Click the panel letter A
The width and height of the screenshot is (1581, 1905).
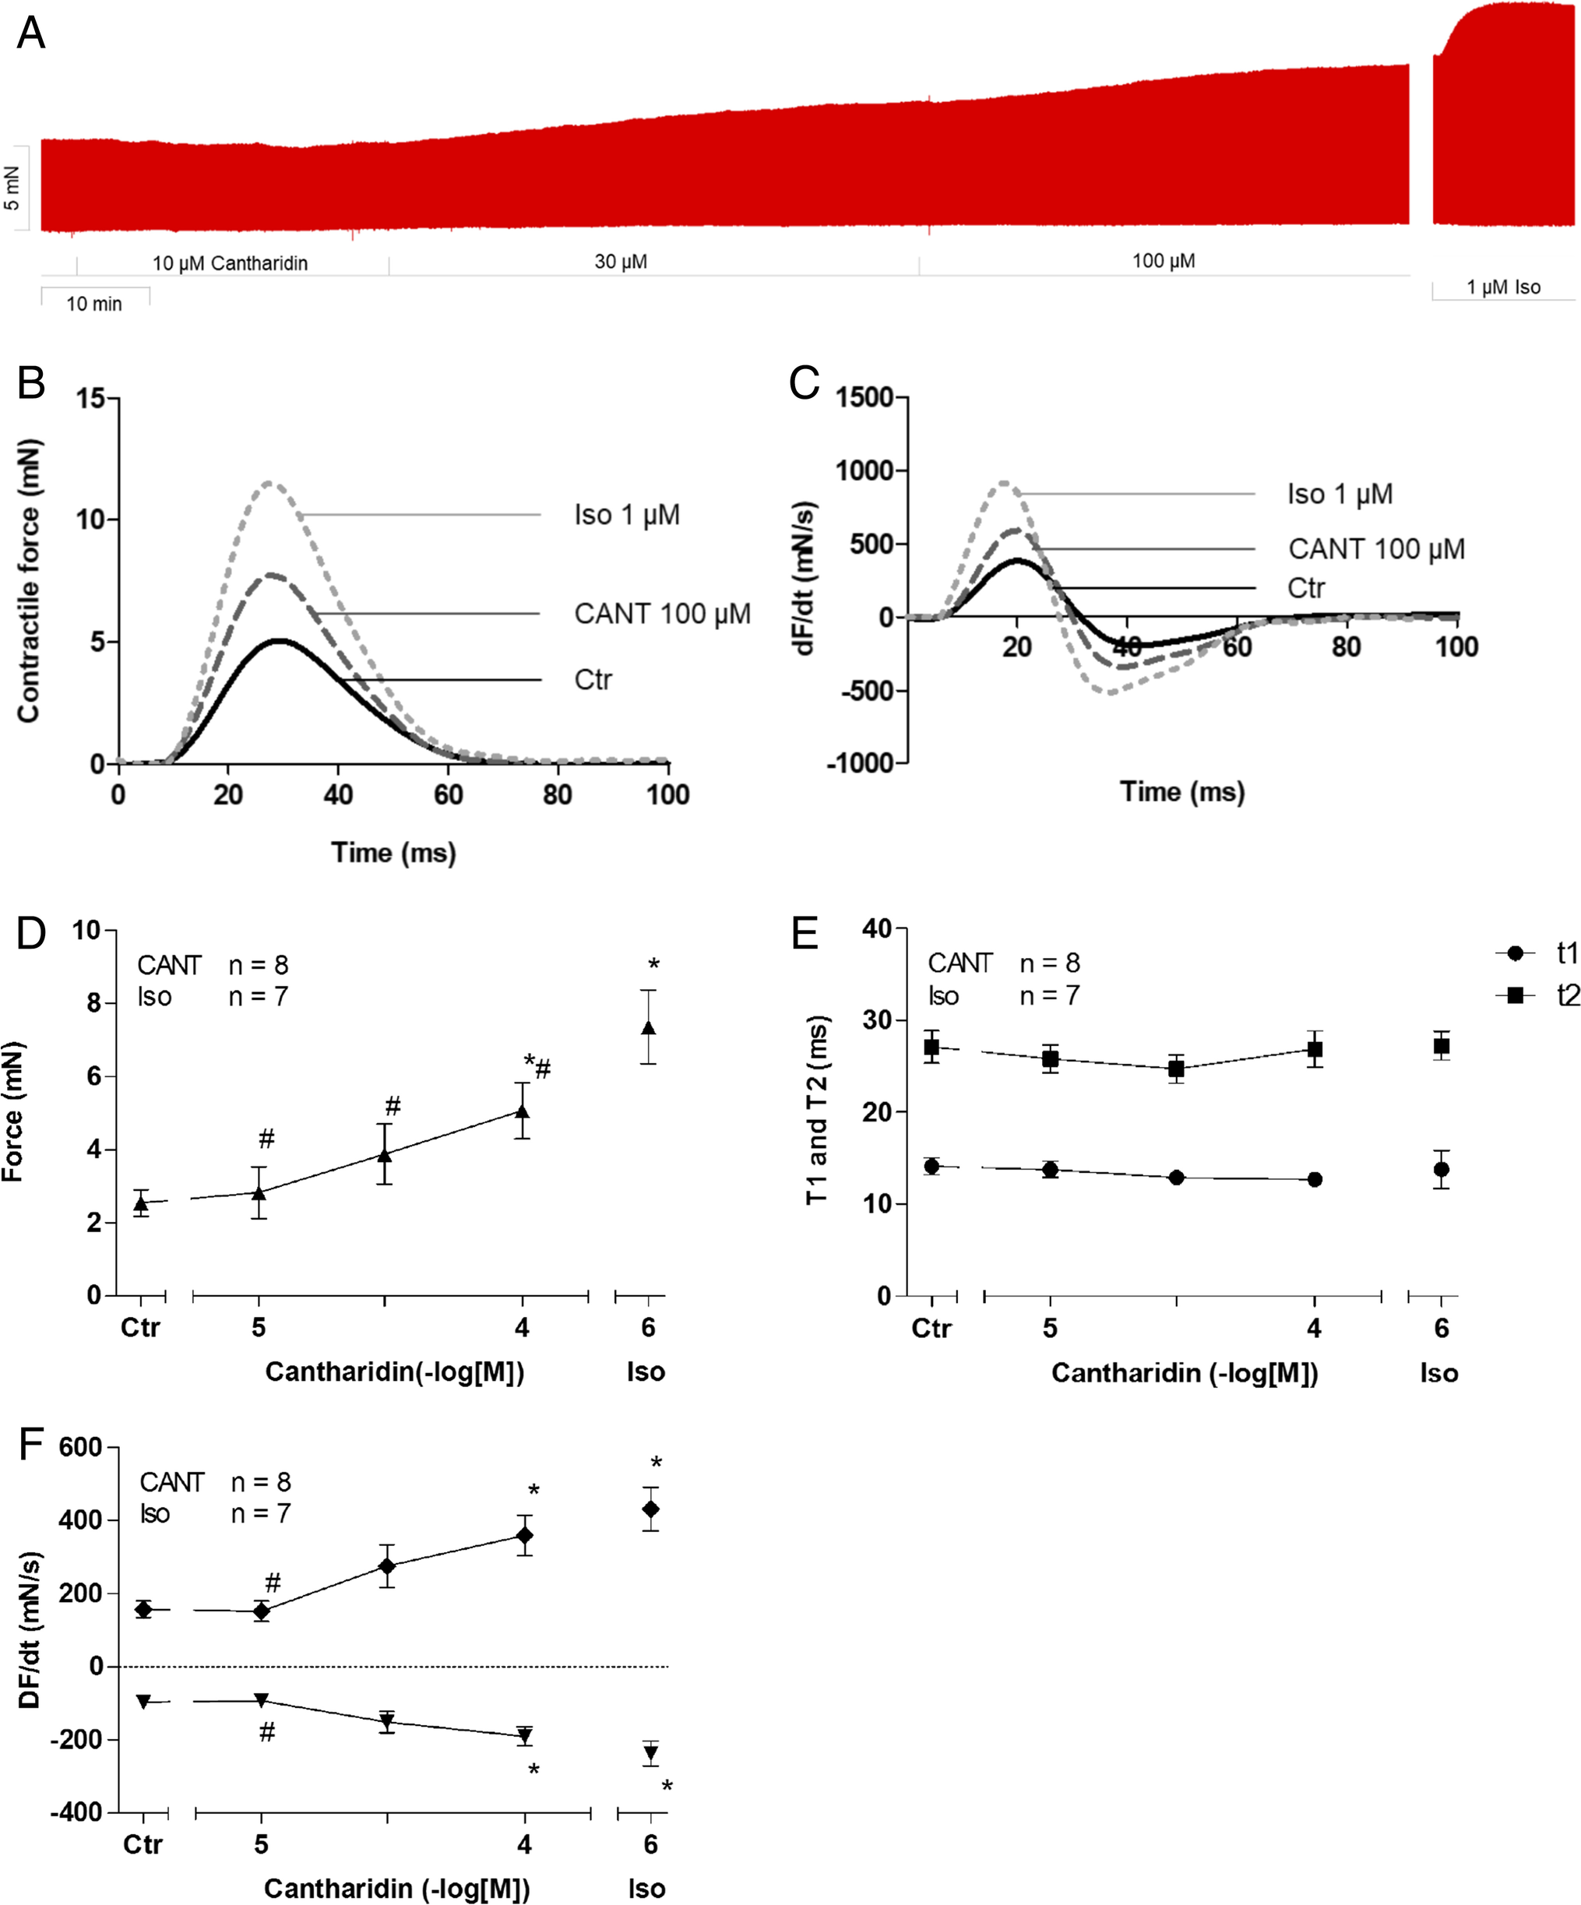31,33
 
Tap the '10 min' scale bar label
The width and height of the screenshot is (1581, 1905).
93,304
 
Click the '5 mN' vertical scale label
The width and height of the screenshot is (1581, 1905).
12,188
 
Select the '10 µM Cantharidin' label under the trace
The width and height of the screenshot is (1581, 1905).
230,263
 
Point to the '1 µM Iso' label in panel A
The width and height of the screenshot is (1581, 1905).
1503,287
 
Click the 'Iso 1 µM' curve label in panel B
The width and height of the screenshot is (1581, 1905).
626,516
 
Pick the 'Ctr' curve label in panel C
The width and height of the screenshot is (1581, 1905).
1305,589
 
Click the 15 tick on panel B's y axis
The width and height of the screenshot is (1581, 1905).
90,398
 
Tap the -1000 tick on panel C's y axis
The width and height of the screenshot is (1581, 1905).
861,763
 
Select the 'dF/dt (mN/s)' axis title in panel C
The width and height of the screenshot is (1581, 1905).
805,577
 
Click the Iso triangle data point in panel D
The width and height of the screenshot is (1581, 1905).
648,1028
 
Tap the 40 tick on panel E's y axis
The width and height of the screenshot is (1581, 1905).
877,928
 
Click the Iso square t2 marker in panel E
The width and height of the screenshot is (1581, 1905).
1440,1046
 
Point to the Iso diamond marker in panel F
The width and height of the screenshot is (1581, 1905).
650,1509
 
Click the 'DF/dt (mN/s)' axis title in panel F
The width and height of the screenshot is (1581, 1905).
30,1630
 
